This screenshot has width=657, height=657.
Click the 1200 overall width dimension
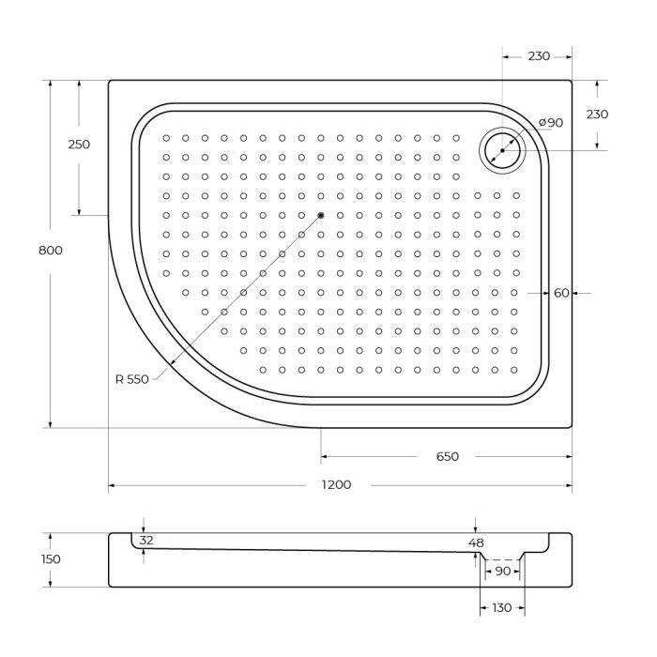pos(336,485)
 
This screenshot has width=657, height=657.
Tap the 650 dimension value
pos(447,457)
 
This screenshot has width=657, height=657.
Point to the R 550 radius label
pos(131,379)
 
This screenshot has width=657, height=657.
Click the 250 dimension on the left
pos(79,145)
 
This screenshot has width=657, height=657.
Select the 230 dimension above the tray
pos(538,56)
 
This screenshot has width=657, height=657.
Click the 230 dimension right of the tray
pos(597,115)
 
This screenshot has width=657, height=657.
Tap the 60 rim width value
pos(561,294)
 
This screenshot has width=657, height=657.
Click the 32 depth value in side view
pos(145,541)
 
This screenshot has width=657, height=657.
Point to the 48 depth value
pos(476,542)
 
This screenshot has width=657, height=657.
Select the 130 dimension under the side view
pos(502,608)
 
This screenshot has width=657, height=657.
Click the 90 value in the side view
pos(503,571)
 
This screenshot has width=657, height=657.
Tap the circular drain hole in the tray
pos(502,150)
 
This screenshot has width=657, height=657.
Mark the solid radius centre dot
pos(321,216)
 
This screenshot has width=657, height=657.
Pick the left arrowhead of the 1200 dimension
pos(112,485)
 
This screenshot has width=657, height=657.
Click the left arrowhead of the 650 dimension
pos(325,457)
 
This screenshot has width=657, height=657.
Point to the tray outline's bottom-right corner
pos(571,427)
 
